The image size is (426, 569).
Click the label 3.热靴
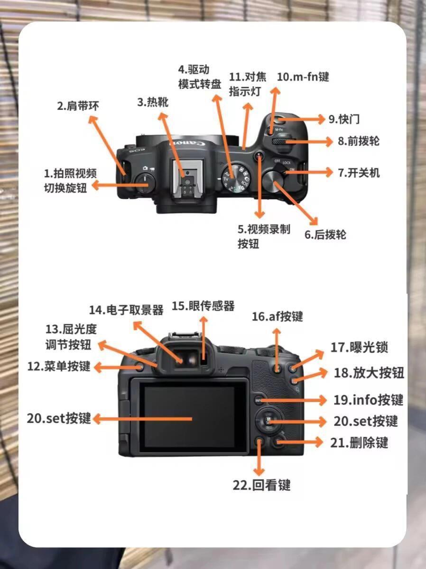[153, 102]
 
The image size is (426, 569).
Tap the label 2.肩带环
[78, 106]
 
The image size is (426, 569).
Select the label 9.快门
[344, 119]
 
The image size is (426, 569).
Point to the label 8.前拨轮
[358, 141]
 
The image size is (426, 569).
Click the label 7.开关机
[359, 173]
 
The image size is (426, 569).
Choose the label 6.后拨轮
[325, 235]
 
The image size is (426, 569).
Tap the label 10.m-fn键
[303, 77]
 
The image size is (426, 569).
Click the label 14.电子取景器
[126, 310]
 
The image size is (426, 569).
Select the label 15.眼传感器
[204, 306]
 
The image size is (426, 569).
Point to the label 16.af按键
[278, 317]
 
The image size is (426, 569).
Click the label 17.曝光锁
[359, 348]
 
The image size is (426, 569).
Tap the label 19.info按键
[368, 400]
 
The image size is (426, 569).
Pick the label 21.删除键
[359, 442]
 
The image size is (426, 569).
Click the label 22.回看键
[261, 485]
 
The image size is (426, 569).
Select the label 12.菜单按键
[59, 367]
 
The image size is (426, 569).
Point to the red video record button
[259, 156]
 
